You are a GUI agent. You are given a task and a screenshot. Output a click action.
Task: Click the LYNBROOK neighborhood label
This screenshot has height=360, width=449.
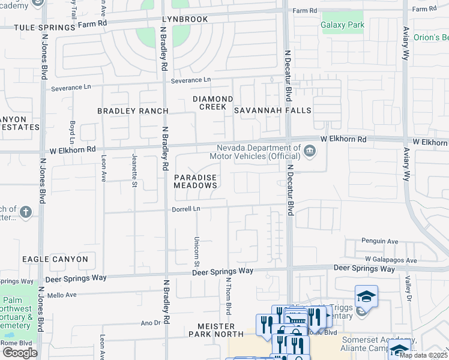(x=185, y=19)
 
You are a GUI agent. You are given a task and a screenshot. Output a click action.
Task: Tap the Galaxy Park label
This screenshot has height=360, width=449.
(x=342, y=25)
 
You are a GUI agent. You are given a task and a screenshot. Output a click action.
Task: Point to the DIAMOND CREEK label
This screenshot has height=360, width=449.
(x=212, y=103)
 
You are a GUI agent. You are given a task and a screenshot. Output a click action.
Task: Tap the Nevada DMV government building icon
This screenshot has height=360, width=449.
(x=310, y=150)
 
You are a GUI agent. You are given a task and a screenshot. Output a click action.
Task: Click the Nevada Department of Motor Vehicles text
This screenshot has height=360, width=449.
(x=258, y=152)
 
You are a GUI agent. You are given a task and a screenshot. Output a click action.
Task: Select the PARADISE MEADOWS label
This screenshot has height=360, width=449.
(x=196, y=182)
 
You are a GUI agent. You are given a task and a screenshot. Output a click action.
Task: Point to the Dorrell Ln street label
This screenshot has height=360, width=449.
(x=185, y=209)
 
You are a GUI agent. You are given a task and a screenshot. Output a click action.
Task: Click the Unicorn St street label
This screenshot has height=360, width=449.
(x=196, y=250)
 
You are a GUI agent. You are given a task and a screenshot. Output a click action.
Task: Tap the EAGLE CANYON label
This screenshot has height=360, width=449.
(x=55, y=259)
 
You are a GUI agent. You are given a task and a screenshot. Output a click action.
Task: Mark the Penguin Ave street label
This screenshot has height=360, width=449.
(x=380, y=241)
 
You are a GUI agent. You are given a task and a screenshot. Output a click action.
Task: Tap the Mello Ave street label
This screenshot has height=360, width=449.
(x=63, y=295)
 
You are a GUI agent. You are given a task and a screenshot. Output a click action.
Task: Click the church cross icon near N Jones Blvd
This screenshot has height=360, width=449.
(x=25, y=212)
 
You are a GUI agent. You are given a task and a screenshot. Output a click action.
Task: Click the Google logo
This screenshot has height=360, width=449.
(x=19, y=352)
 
